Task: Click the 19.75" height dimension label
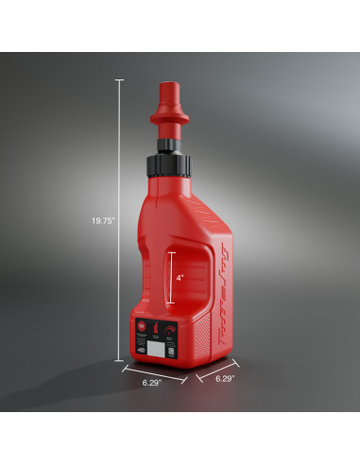[103, 220]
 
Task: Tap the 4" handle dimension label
[179, 277]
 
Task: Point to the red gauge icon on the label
[169, 329]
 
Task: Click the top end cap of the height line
[118, 79]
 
